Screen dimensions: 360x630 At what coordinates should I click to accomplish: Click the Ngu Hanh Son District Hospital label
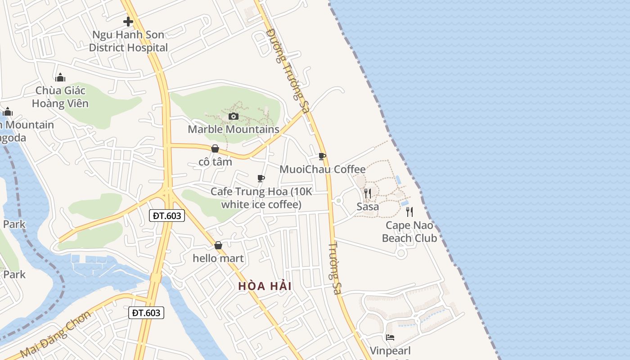pos(128,41)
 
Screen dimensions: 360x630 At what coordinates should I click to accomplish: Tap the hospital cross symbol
pos(128,21)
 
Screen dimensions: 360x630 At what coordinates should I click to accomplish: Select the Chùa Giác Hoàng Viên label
pos(61,97)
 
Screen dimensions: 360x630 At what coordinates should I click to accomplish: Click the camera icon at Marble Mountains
pos(233,117)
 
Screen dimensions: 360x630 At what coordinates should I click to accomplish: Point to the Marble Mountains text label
pos(234,130)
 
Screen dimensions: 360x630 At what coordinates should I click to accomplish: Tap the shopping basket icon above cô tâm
pos(215,148)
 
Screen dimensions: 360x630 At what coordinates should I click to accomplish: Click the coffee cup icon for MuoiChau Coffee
pos(322,156)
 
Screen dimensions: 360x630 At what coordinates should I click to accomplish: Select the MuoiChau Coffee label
pos(323,169)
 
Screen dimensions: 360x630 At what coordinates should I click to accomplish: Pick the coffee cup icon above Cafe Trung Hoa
pos(261,179)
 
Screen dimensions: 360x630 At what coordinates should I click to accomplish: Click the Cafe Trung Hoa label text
pos(261,198)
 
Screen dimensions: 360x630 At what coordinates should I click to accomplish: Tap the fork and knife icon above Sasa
pos(368,193)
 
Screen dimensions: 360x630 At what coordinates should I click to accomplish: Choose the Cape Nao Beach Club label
pos(409,232)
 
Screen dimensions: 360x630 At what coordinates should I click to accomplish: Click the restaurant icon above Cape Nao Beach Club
pos(409,211)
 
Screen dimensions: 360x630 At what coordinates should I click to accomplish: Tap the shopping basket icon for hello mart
pos(218,245)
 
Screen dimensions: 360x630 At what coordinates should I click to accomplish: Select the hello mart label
pos(218,258)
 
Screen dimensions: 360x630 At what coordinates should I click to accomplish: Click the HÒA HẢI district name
pos(265,286)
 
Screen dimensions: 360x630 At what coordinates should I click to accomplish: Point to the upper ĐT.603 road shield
pos(166,216)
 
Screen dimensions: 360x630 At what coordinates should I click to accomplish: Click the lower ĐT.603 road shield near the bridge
pos(146,313)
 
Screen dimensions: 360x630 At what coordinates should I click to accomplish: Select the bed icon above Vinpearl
pos(390,337)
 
